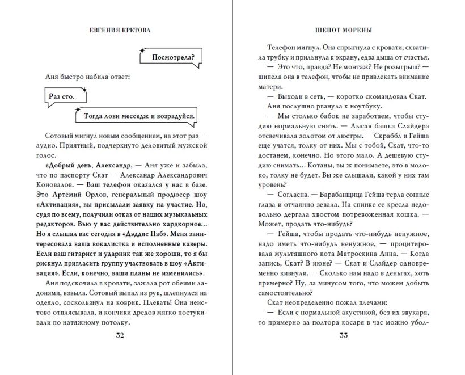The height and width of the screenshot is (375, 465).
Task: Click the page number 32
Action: (120, 335)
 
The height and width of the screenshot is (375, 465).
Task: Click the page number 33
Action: (343, 335)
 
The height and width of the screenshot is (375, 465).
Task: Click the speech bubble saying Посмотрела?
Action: (174, 57)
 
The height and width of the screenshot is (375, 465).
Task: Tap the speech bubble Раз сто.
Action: (62, 96)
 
